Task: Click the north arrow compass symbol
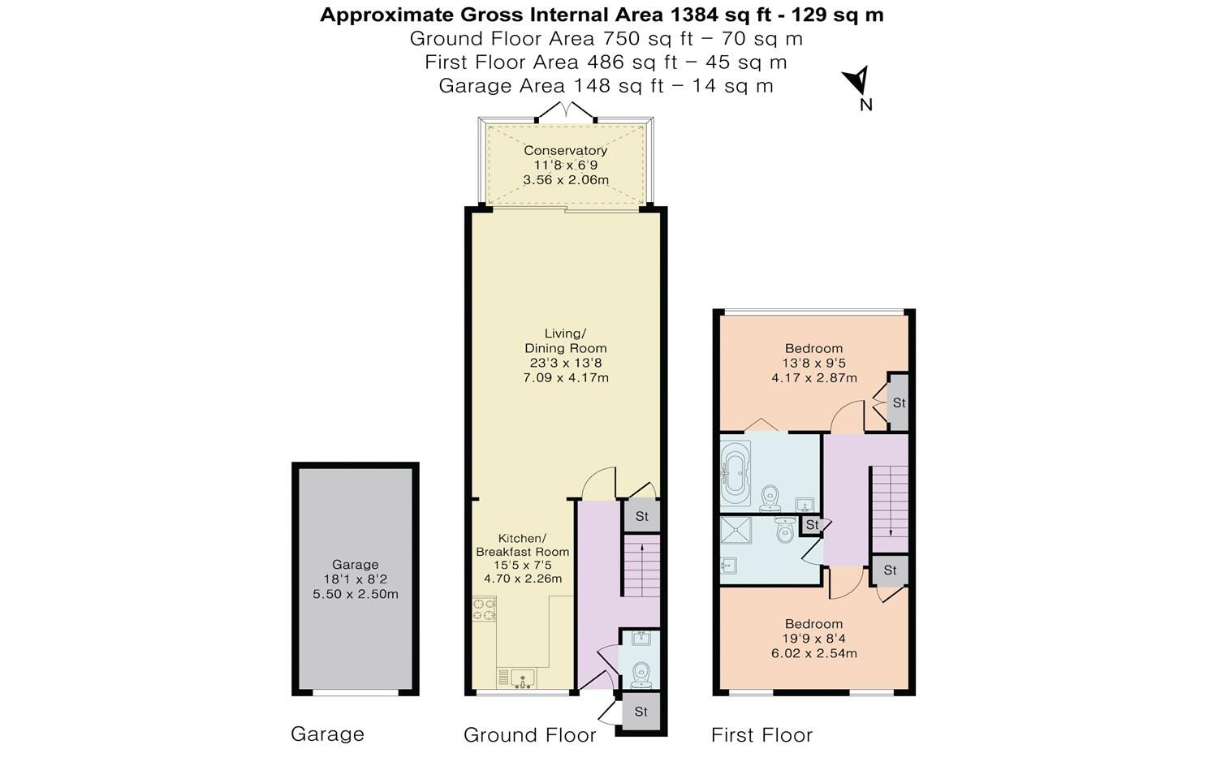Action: click(x=857, y=81)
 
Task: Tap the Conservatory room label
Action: click(x=565, y=150)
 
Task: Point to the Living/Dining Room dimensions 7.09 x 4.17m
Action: click(x=566, y=377)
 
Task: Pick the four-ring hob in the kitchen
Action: click(x=485, y=609)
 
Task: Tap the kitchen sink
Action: click(x=516, y=678)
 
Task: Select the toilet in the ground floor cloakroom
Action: click(x=641, y=673)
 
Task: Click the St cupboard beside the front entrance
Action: click(x=641, y=712)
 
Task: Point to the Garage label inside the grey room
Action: click(x=355, y=565)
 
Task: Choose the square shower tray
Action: click(x=736, y=532)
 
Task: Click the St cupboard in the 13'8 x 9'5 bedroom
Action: click(x=898, y=402)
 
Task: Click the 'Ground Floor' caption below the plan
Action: click(x=529, y=735)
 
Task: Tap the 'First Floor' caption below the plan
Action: click(x=761, y=735)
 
